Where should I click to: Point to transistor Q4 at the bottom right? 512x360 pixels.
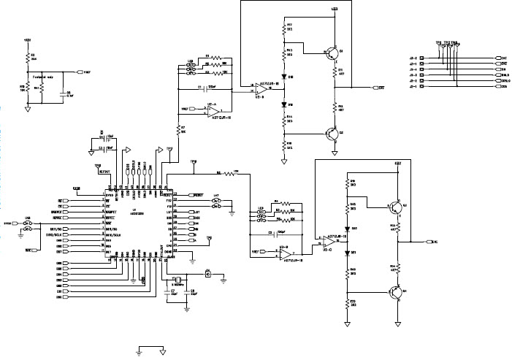point(395,292)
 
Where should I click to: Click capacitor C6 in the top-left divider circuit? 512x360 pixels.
point(63,93)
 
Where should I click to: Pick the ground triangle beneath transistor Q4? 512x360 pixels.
point(399,321)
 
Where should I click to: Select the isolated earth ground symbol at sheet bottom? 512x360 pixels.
point(138,351)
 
